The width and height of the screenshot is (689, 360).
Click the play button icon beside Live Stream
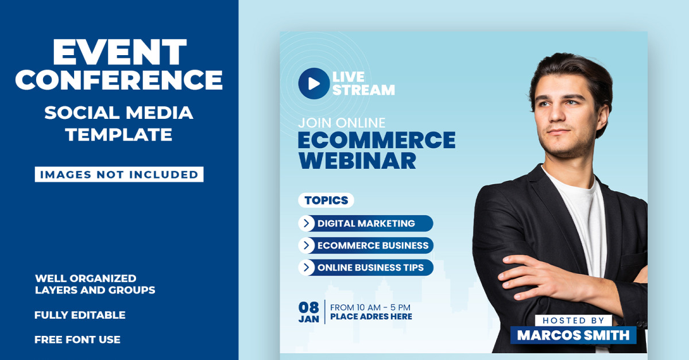pyautogui.click(x=313, y=83)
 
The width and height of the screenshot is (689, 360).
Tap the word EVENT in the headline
pyautogui.click(x=119, y=52)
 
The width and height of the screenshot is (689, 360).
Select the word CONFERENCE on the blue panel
pyautogui.click(x=119, y=80)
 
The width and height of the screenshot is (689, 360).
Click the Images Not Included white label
pyautogui.click(x=119, y=174)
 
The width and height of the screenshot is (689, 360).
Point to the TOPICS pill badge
pyautogui.click(x=326, y=200)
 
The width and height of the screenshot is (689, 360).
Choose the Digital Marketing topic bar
pyautogui.click(x=366, y=223)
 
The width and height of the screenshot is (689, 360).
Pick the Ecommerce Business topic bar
pyautogui.click(x=366, y=245)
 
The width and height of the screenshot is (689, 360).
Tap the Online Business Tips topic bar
pyautogui.click(x=366, y=268)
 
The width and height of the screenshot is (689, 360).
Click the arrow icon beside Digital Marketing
pyautogui.click(x=307, y=223)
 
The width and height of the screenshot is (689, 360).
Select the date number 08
pyautogui.click(x=308, y=307)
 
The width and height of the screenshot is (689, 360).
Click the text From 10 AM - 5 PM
pyautogui.click(x=370, y=307)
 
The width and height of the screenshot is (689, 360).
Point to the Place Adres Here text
pyautogui.click(x=371, y=316)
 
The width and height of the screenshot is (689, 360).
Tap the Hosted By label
pyautogui.click(x=574, y=320)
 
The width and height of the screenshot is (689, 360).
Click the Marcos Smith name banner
pyautogui.click(x=574, y=335)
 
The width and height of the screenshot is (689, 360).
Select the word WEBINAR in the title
pyautogui.click(x=357, y=161)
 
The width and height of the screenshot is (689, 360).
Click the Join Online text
pyautogui.click(x=342, y=123)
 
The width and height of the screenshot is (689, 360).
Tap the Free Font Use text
pyautogui.click(x=77, y=340)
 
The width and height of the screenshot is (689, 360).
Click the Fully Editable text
pyautogui.click(x=80, y=315)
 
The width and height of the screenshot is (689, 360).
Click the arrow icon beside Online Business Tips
pyautogui.click(x=307, y=268)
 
